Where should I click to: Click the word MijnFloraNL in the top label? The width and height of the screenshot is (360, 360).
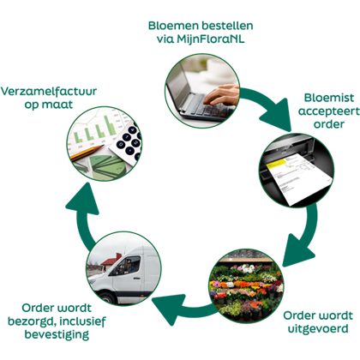coord(211,39)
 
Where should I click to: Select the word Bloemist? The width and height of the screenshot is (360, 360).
coord(329,98)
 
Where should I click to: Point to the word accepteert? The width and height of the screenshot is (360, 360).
coord(329,111)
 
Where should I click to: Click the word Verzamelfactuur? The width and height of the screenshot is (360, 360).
coord(49,92)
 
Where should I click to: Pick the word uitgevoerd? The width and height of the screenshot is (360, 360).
coord(318,329)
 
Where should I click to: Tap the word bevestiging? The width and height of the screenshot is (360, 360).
coord(57,334)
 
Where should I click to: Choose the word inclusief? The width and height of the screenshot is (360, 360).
coord(82,321)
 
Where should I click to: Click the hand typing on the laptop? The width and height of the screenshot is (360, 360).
coord(221,95)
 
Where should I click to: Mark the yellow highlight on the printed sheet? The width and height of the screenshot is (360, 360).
coord(277,165)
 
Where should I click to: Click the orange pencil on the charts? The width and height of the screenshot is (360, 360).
coord(87,153)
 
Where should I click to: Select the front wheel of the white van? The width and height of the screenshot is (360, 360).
coord(107,297)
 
